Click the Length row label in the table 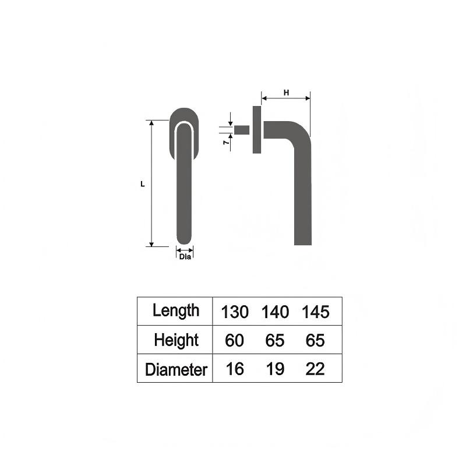(175, 310)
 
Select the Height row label (175, 340)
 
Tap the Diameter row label (175, 369)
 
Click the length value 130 (234, 312)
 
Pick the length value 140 (275, 312)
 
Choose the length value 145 (316, 312)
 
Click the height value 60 (234, 340)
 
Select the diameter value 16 (234, 369)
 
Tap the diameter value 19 (275, 369)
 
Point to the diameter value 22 (316, 369)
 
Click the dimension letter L (143, 184)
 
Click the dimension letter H (285, 93)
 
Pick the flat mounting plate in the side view (256, 130)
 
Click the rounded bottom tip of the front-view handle (185, 240)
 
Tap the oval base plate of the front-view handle (185, 116)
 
